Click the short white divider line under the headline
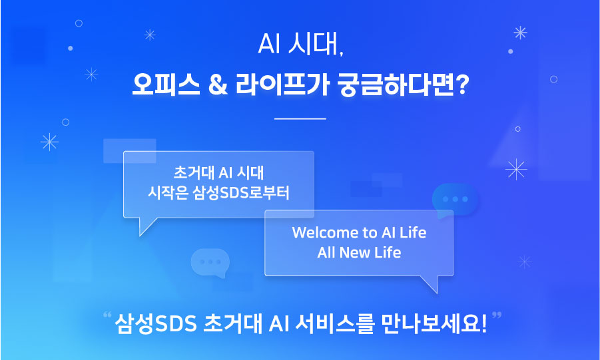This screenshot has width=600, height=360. pyautogui.click(x=300, y=119)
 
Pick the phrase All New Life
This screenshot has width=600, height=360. pyautogui.click(x=359, y=253)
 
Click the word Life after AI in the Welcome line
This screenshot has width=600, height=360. pyautogui.click(x=413, y=233)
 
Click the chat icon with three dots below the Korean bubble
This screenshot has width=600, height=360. pyautogui.click(x=210, y=262)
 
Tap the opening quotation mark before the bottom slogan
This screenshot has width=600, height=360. pyautogui.click(x=108, y=315)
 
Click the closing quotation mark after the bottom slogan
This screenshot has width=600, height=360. pyautogui.click(x=496, y=315)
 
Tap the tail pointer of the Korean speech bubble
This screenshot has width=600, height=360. pyautogui.click(x=145, y=226)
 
